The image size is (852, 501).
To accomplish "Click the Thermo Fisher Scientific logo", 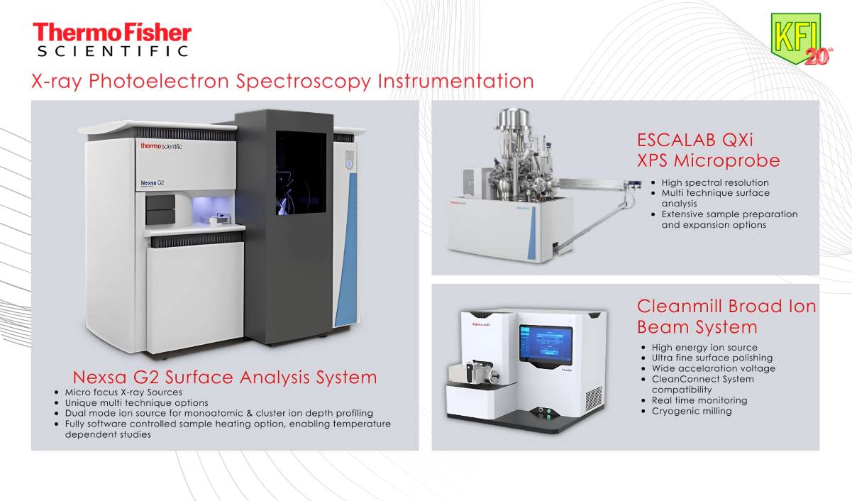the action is tap(112, 40).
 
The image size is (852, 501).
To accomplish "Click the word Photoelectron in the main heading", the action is tap(159, 82).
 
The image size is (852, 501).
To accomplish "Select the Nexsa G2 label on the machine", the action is tap(153, 183).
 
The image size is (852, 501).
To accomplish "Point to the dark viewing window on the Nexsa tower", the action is tap(301, 173).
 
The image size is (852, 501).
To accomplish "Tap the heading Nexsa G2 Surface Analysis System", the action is tap(225, 378).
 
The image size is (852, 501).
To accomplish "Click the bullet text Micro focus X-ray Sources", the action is tap(123, 392).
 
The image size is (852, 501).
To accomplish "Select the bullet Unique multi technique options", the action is tap(136, 403).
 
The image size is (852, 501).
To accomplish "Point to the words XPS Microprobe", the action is tap(709, 160).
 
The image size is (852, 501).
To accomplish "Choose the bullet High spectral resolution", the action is tap(715, 182).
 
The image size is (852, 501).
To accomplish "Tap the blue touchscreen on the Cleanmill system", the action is tap(546, 345).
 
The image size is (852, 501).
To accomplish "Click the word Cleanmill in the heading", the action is tap(680, 307).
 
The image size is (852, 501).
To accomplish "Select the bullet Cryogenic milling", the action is tap(692, 411).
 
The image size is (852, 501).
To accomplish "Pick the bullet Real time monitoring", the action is tap(699, 400).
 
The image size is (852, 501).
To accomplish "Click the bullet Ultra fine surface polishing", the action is tap(712, 358).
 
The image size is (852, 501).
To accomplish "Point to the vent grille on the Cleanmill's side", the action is tap(593, 399).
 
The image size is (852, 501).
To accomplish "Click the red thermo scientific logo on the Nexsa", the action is tap(161, 146).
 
